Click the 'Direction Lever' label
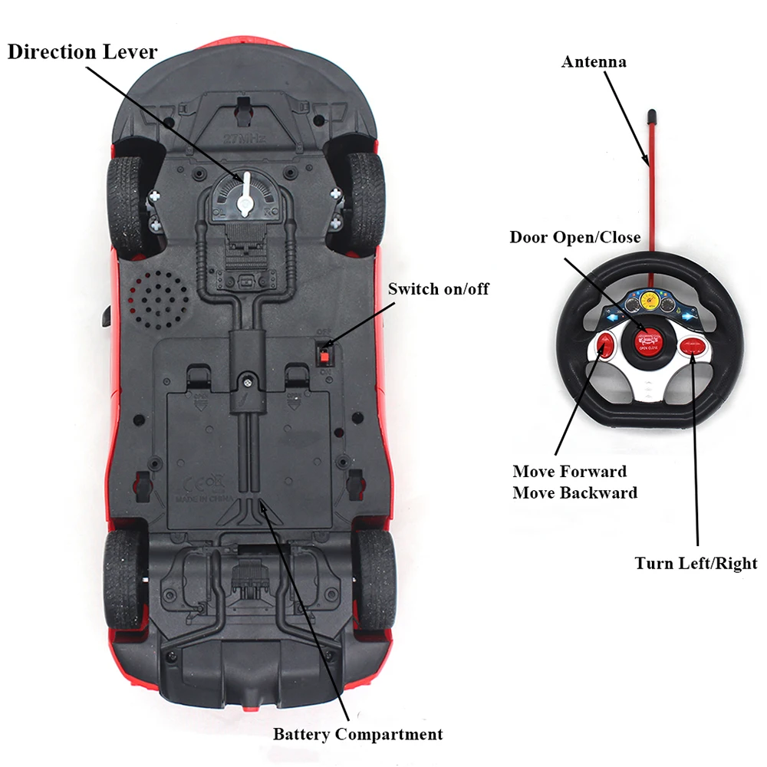pyautogui.click(x=82, y=52)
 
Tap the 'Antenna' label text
pyautogui.click(x=594, y=61)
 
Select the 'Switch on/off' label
pyautogui.click(x=438, y=289)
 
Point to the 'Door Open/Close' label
pyautogui.click(x=574, y=237)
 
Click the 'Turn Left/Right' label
pyautogui.click(x=696, y=564)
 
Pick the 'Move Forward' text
pyautogui.click(x=569, y=471)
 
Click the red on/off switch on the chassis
pyautogui.click(x=325, y=354)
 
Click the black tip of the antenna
pyautogui.click(x=651, y=117)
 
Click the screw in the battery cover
pyautogui.click(x=247, y=380)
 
